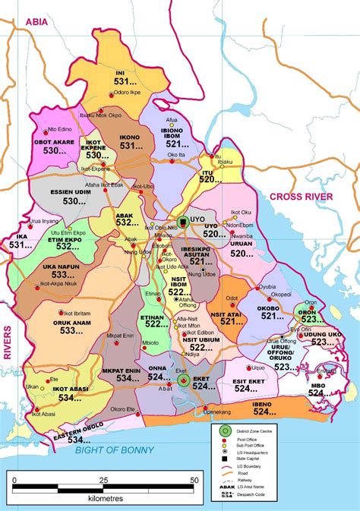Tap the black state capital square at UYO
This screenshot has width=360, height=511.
(183, 222)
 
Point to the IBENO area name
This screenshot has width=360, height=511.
(262, 404)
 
